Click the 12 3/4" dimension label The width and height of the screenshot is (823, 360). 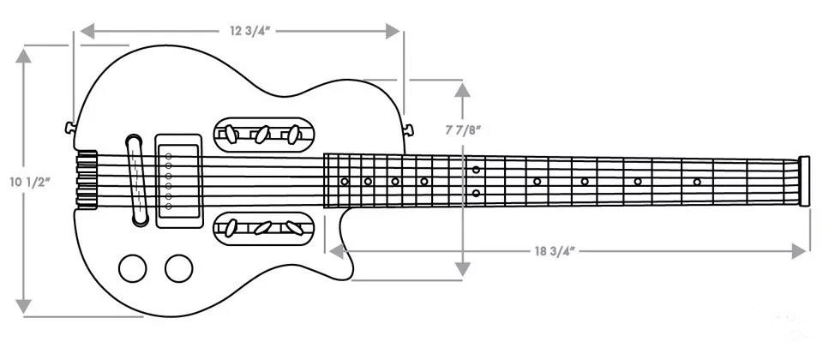tap(249, 31)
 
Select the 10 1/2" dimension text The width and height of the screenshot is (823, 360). tap(30, 183)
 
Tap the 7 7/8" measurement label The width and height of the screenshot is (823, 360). tap(464, 130)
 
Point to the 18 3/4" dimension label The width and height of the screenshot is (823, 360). tap(555, 251)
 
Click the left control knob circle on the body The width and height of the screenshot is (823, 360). tap(132, 268)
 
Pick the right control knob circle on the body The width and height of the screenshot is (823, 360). tap(179, 268)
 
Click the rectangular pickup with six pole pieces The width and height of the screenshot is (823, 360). tap(179, 181)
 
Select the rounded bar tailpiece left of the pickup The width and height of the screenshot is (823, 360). tap(136, 181)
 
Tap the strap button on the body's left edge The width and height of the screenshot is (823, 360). tap(69, 128)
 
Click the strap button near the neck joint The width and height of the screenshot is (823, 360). tap(408, 129)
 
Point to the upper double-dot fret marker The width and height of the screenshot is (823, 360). tap(476, 170)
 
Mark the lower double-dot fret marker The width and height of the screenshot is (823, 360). tap(476, 193)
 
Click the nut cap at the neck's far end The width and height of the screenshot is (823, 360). tap(803, 181)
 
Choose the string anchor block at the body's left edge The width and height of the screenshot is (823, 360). tap(87, 179)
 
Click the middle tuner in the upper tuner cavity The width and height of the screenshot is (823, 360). tap(262, 135)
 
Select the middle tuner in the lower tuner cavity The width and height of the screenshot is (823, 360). tap(262, 228)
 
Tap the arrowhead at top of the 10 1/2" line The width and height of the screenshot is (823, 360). tap(23, 56)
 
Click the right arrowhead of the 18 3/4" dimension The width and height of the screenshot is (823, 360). tap(798, 251)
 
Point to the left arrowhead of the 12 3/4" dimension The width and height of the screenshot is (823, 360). tap(87, 31)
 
